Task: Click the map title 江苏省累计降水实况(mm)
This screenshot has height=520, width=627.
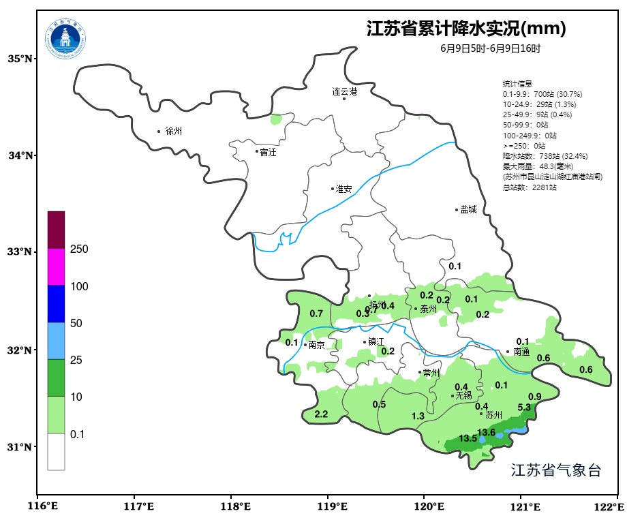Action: [x=466, y=29]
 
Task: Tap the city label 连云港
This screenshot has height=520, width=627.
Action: [x=344, y=91]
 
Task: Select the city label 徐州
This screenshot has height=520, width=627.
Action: [x=174, y=131]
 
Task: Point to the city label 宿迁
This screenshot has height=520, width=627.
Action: [x=268, y=152]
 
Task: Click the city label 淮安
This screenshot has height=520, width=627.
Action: [x=343, y=189]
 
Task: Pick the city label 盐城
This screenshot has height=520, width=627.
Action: [x=468, y=210]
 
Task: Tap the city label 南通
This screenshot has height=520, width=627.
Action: [x=521, y=352]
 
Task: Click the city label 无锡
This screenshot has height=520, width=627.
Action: [x=463, y=395]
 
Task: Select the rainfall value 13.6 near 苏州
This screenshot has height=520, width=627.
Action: [x=486, y=432]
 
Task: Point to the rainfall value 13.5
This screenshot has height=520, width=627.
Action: [x=468, y=438]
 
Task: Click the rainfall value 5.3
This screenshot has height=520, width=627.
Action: [x=524, y=408]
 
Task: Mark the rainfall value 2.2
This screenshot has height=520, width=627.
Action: [x=321, y=414]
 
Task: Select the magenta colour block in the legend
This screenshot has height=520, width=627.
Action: [x=56, y=266]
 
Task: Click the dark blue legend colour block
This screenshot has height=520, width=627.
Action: [x=56, y=303]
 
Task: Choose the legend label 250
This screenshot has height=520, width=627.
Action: [x=80, y=249]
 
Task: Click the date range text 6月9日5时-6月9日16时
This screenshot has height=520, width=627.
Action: [x=490, y=49]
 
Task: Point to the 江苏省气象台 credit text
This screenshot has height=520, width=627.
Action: [x=555, y=470]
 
